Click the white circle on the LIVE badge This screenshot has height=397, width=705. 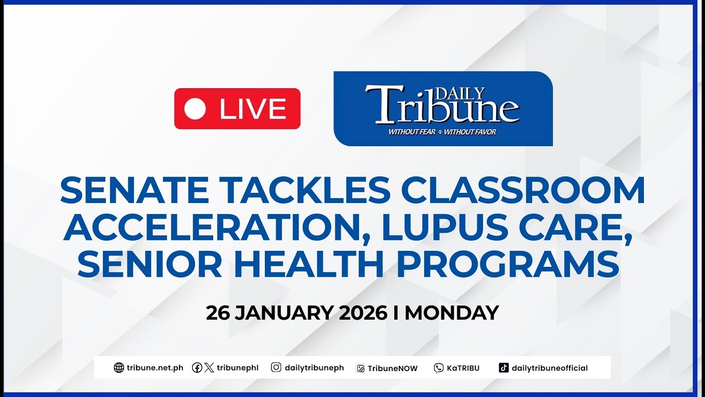point(195,109)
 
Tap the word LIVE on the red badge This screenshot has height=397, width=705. point(253,109)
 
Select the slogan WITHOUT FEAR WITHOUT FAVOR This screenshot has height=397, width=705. point(442,132)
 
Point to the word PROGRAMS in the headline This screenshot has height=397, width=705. point(508,265)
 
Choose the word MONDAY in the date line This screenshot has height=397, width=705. point(452,313)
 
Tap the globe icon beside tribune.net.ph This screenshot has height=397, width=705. point(118,368)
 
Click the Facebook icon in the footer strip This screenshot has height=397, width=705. point(197,368)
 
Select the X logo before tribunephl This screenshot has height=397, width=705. point(209,368)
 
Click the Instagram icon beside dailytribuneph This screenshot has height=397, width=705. point(276,368)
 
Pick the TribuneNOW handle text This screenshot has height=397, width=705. point(393,368)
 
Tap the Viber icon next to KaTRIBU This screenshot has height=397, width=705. point(438,368)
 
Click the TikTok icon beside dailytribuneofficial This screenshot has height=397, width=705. point(503,368)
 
